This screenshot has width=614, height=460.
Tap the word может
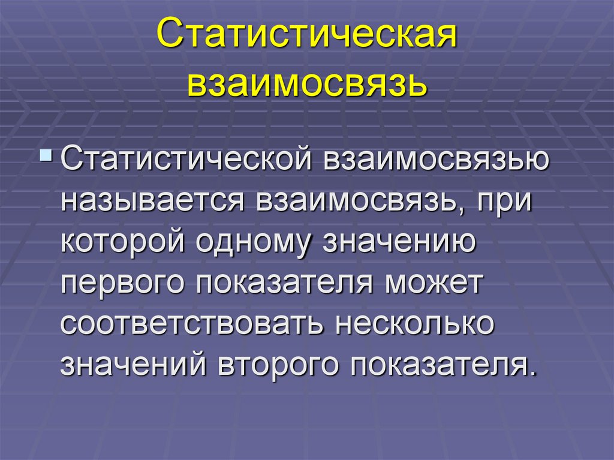coord(434,282)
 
